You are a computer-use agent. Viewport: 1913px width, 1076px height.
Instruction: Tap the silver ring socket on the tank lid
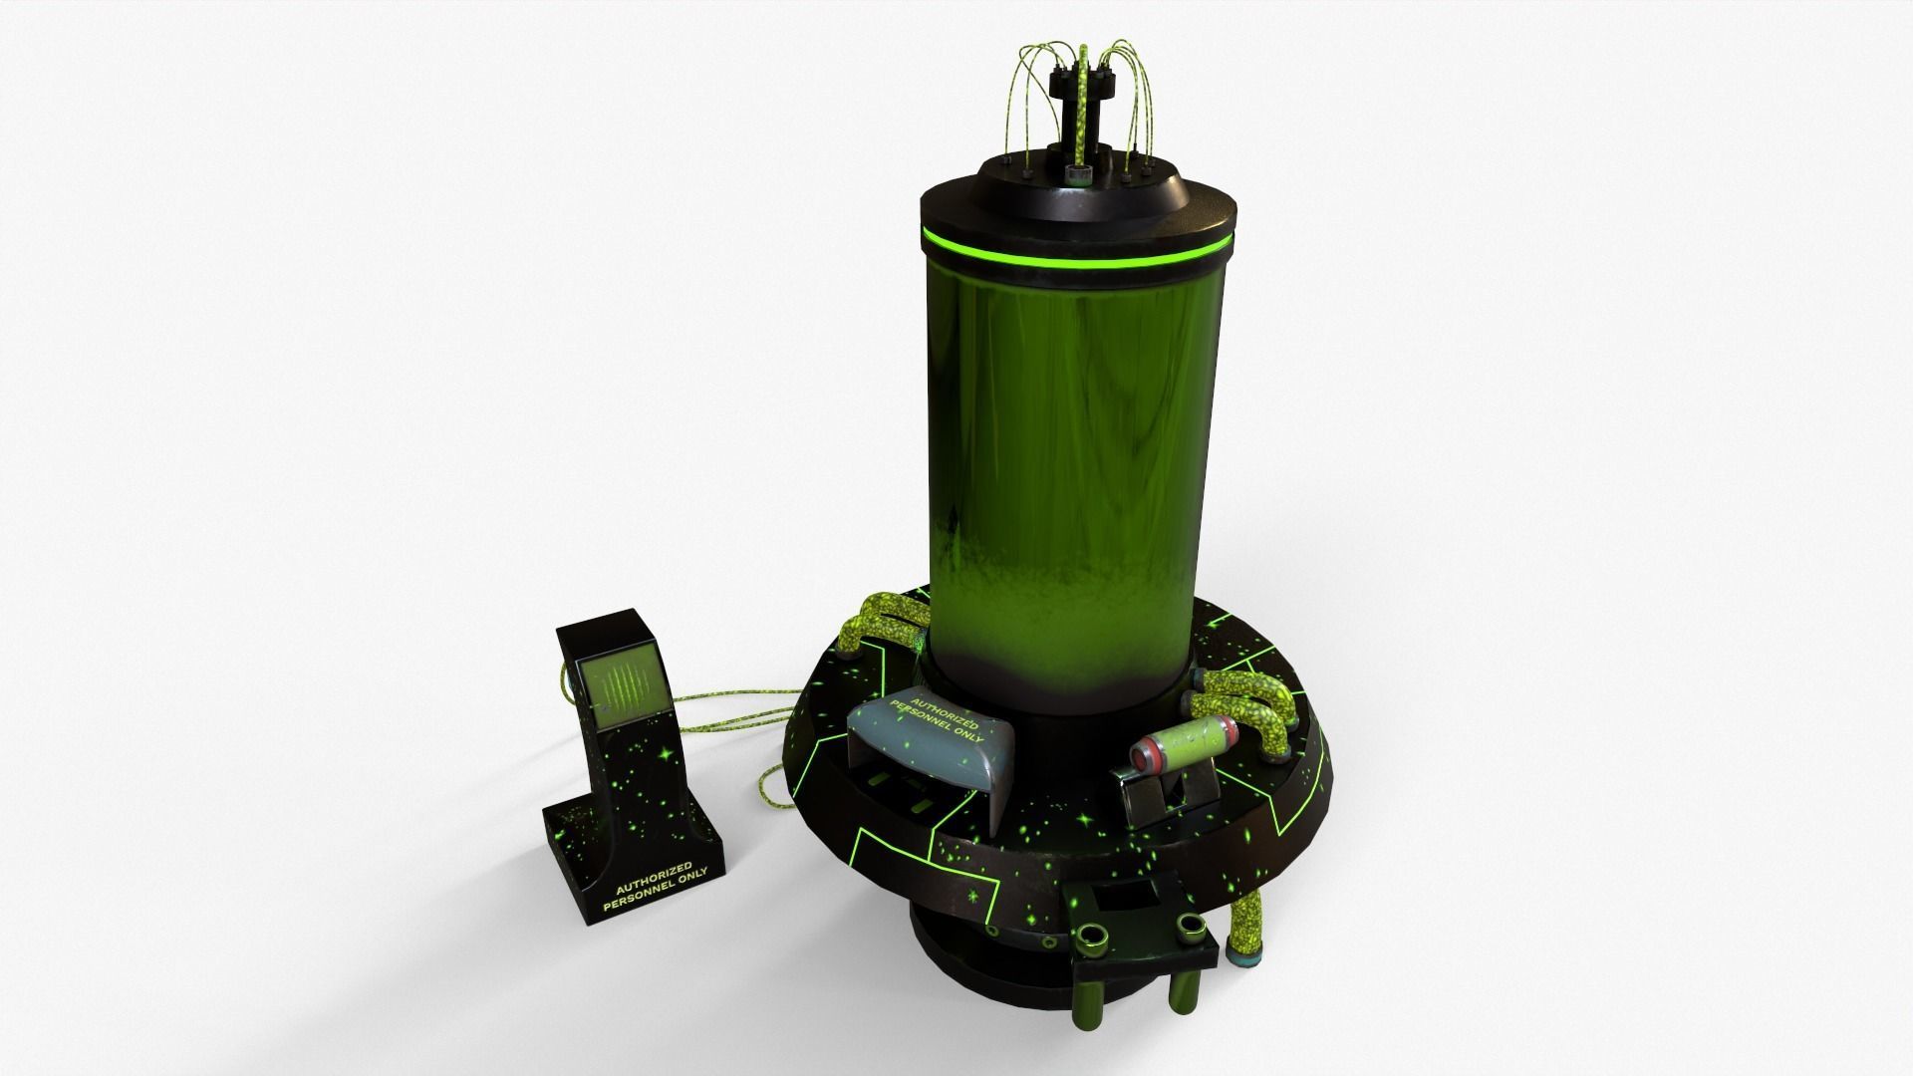[x=1077, y=174]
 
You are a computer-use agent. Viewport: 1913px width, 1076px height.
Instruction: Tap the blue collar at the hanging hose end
[x=1247, y=959]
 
